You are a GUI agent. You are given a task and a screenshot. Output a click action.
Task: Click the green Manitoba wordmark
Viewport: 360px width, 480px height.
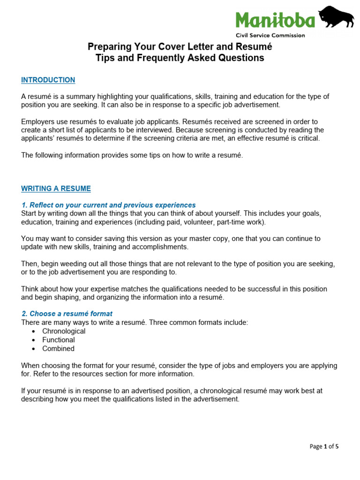click(275, 20)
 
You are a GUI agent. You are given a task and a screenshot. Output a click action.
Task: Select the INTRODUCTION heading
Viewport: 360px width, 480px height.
click(48, 80)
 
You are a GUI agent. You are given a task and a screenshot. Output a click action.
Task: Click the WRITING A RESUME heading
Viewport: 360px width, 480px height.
click(56, 188)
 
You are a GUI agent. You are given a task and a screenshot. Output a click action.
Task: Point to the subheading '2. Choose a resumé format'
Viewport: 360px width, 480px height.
click(67, 314)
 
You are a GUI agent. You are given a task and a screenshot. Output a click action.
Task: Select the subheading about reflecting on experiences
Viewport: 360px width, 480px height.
click(108, 205)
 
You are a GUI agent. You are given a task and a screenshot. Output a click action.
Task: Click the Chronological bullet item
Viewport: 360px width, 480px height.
click(64, 331)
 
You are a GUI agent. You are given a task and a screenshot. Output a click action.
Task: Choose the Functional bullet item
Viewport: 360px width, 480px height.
click(58, 340)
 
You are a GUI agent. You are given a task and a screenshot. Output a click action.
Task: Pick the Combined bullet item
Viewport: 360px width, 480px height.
click(58, 349)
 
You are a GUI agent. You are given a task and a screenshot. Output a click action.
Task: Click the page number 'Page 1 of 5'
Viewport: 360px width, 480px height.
click(324, 446)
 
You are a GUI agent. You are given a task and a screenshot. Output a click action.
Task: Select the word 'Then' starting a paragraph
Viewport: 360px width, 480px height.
click(29, 263)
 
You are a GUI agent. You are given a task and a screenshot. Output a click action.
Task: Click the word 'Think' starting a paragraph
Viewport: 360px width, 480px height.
click(30, 289)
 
